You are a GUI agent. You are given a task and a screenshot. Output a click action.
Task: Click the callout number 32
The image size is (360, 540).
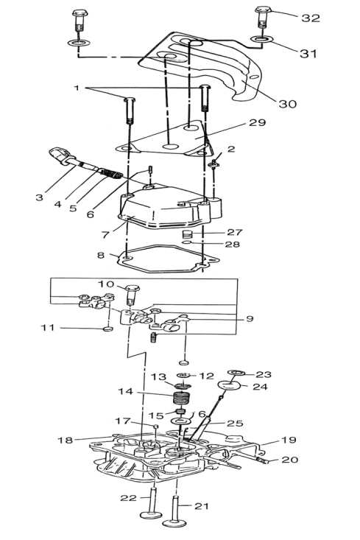click(x=311, y=18)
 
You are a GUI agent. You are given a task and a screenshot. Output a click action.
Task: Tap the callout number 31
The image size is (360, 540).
click(x=308, y=53)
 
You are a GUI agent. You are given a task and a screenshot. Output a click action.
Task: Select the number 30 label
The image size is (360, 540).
click(x=287, y=104)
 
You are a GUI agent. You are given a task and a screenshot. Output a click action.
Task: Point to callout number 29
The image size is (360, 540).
click(x=258, y=122)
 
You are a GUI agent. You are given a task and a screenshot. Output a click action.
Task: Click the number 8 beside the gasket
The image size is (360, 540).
click(x=101, y=256)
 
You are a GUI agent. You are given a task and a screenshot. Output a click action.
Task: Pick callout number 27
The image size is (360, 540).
click(x=235, y=232)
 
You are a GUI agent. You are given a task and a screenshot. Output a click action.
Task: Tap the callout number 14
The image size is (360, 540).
click(x=126, y=392)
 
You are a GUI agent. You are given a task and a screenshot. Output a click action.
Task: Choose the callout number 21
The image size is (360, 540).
click(x=202, y=506)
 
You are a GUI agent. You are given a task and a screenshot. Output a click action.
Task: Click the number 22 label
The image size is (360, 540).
click(x=128, y=498)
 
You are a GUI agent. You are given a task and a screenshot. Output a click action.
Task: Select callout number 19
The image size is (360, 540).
click(x=289, y=440)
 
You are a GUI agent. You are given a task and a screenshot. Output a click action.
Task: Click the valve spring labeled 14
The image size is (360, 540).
click(x=183, y=399)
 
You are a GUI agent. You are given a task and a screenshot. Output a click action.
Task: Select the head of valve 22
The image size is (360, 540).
click(x=151, y=514)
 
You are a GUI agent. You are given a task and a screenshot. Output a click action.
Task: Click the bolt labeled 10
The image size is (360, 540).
click(x=131, y=295)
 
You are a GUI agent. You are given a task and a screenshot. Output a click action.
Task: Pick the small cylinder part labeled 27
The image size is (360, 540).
click(x=186, y=234)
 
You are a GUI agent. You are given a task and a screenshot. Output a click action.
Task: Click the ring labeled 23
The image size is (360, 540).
click(x=236, y=373)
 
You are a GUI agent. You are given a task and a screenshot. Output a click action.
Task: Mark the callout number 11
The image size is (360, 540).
click(x=48, y=327)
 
